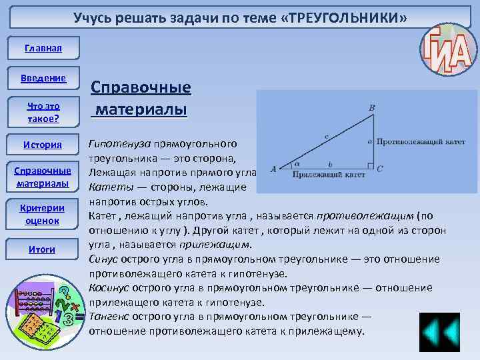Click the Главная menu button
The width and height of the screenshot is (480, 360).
(43, 49)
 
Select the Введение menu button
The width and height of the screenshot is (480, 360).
(43, 79)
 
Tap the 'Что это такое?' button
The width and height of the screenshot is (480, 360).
(43, 112)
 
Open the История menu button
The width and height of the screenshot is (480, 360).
(43, 145)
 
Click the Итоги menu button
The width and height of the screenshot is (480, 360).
(43, 249)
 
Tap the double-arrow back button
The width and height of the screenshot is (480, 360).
(439, 332)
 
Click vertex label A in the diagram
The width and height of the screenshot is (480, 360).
(273, 169)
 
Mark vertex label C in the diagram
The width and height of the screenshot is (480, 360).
(379, 169)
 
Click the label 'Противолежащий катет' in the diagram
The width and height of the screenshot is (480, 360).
(419, 142)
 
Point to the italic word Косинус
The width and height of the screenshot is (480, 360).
(109, 287)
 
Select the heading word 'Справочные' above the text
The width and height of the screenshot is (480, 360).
(141, 88)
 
